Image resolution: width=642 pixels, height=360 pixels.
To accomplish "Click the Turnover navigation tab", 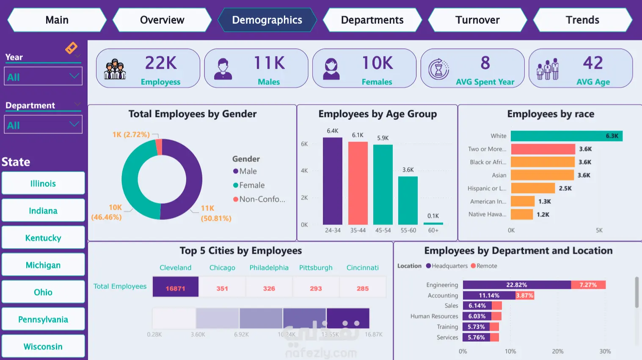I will click(x=477, y=20).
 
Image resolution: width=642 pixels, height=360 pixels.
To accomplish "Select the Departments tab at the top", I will click(x=372, y=20).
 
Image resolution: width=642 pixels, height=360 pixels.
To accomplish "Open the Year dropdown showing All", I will click(x=43, y=77).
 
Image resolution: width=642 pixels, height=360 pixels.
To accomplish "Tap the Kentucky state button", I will click(x=43, y=238).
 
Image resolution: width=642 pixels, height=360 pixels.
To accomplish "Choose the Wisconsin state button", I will click(x=43, y=346).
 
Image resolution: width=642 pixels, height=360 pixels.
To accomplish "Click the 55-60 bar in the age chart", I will click(x=408, y=200).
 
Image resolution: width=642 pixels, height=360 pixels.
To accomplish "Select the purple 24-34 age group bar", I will click(x=332, y=181).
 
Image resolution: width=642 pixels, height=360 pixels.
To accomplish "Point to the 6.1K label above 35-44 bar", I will click(x=358, y=135).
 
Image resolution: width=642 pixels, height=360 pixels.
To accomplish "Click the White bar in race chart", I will click(x=566, y=136).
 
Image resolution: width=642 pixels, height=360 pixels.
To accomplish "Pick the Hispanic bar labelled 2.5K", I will click(x=532, y=188).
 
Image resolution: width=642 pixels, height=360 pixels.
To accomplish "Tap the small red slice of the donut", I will click(x=159, y=147).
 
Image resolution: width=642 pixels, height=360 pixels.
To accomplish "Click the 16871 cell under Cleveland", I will click(x=175, y=288).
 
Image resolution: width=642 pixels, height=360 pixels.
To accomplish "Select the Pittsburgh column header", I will click(x=316, y=268).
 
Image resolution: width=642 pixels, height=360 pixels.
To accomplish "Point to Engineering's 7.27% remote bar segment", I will click(x=588, y=285).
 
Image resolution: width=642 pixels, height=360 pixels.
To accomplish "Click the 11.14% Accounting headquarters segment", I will click(x=489, y=296).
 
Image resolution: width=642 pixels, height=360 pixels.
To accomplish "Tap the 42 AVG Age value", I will click(x=592, y=63).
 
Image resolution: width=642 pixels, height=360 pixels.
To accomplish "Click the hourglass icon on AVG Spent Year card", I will click(x=438, y=69).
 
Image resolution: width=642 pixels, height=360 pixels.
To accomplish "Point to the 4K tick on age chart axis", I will click(x=304, y=171).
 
